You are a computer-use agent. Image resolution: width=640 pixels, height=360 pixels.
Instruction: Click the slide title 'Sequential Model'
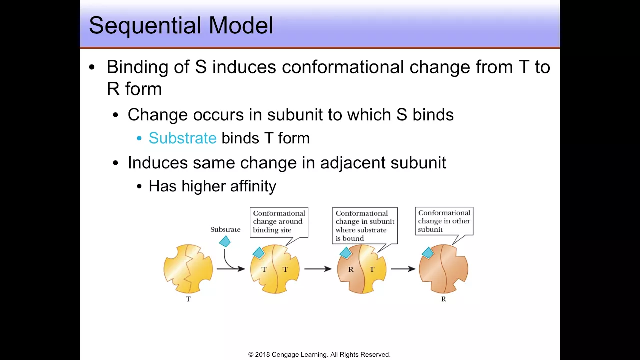tap(181, 25)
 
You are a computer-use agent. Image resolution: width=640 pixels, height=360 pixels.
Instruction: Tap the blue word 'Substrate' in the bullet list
tap(183, 138)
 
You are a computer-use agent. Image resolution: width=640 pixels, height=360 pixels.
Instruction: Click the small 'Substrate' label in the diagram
tap(225, 229)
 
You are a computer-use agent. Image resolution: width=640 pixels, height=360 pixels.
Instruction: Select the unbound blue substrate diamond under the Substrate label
tap(225, 241)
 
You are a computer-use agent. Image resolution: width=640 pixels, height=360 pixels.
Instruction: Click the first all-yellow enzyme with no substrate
tap(188, 269)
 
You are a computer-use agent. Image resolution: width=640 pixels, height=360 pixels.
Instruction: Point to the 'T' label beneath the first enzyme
tap(188, 299)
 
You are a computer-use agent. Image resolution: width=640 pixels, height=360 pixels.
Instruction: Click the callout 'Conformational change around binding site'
tap(279, 222)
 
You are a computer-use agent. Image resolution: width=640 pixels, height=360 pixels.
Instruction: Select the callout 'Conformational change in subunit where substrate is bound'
tap(365, 225)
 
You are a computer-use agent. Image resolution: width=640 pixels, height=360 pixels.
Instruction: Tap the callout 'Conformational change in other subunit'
tap(444, 221)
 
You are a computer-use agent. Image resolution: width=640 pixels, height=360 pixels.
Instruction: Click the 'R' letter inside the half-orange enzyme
tap(351, 269)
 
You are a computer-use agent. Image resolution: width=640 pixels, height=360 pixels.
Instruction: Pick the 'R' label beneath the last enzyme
tap(443, 299)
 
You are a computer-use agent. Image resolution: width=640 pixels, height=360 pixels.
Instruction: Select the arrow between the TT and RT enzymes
tap(318, 269)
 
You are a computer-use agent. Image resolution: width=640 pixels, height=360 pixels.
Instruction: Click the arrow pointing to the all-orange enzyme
tap(403, 269)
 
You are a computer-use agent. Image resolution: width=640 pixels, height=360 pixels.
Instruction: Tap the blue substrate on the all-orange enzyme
tap(428, 253)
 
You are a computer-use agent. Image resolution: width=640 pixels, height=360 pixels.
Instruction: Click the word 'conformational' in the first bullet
tap(343, 67)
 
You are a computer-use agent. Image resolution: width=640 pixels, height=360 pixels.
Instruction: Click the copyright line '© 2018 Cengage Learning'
tap(319, 355)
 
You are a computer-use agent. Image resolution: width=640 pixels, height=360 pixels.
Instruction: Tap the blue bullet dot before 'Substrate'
tap(139, 139)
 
